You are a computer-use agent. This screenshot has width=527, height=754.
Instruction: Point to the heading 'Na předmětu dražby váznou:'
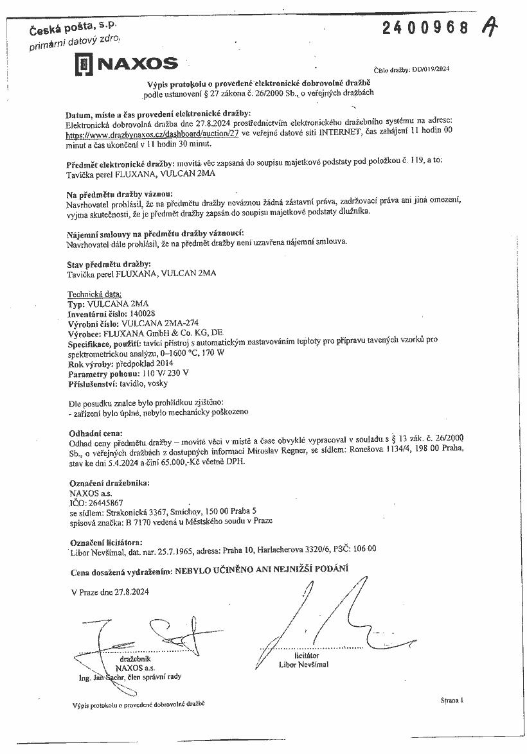pyautogui.click(x=120, y=193)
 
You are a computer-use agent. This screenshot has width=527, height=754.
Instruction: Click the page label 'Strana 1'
pyautogui.click(x=452, y=699)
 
